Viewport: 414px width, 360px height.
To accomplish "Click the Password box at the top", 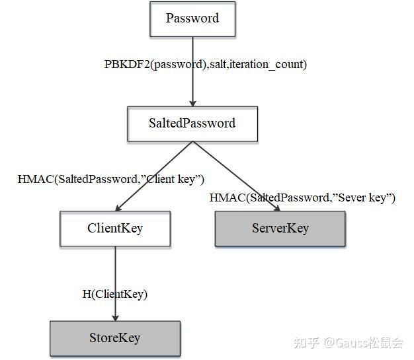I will (x=192, y=18).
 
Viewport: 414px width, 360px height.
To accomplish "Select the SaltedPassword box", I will (x=192, y=124).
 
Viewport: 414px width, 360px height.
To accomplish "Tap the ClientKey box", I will (x=115, y=229).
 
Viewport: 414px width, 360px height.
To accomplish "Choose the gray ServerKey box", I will (x=280, y=229).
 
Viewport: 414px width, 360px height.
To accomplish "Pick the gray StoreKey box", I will (x=115, y=338).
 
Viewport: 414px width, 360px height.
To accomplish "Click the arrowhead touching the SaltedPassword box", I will (x=192, y=102).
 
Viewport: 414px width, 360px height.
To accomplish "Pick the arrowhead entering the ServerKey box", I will (x=276, y=207).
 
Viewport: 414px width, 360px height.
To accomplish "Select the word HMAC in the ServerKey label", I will (x=226, y=198).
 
